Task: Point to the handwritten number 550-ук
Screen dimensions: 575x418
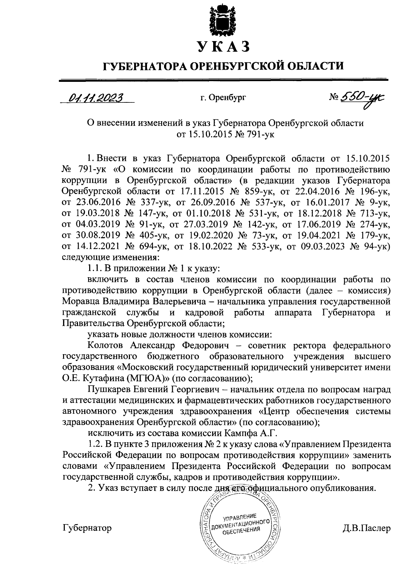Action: tap(363, 98)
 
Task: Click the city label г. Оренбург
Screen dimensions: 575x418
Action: tap(223, 99)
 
